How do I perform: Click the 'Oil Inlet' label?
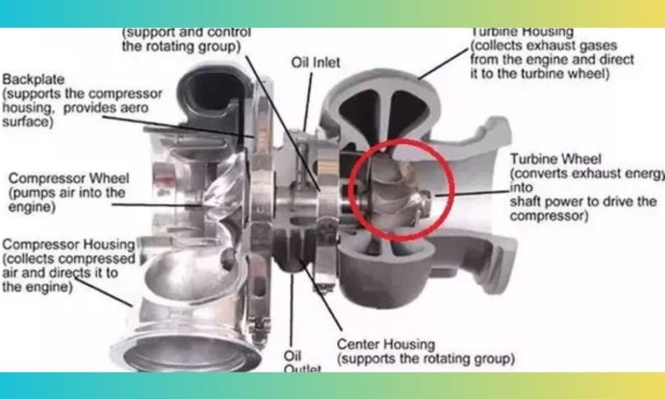[x=315, y=63]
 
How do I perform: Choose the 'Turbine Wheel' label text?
[x=555, y=159]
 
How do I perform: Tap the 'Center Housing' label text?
[x=386, y=344]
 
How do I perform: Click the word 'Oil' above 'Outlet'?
[x=294, y=354]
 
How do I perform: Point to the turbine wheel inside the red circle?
[x=392, y=190]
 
